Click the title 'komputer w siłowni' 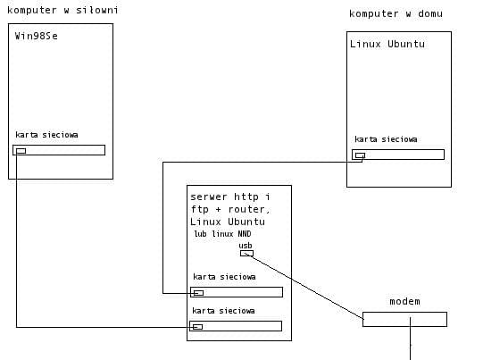coord(62,11)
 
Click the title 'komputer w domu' coord(396,14)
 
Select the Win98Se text coord(37,36)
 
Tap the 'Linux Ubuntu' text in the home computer coord(387,44)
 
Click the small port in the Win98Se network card coord(21,151)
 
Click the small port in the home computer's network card coord(360,155)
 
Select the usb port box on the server coord(246,254)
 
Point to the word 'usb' coord(246,246)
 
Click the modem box coord(404,319)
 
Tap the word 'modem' coord(404,301)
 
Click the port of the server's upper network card coord(199,293)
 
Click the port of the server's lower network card coord(198,327)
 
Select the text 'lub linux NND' coord(222,234)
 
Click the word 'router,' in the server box coord(249,209)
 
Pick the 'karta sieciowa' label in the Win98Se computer coord(46,135)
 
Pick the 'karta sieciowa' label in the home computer coord(386,139)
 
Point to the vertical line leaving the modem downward coord(411,339)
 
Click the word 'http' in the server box coord(246,197)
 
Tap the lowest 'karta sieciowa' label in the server coord(223,311)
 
